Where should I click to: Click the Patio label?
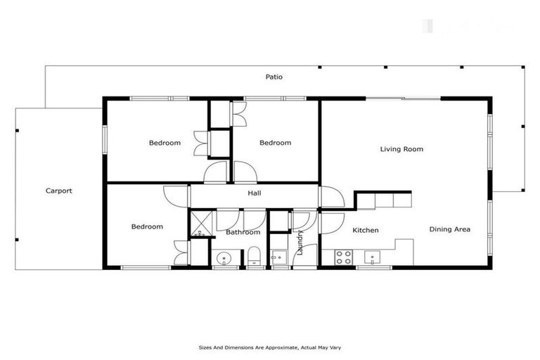274,77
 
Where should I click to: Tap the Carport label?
59,191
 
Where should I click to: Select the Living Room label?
401,149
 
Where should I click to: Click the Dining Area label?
450,229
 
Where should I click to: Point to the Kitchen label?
366,230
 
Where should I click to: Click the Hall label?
255,193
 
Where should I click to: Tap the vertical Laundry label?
301,242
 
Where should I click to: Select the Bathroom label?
243,232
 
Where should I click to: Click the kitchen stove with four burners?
344,257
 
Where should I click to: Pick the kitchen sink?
371,258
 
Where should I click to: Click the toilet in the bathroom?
255,257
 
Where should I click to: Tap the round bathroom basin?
224,258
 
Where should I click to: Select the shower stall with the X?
202,225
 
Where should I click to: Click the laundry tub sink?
279,258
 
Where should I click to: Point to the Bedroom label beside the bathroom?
148,226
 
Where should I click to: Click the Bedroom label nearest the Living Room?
275,143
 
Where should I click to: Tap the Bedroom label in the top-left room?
165,143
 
